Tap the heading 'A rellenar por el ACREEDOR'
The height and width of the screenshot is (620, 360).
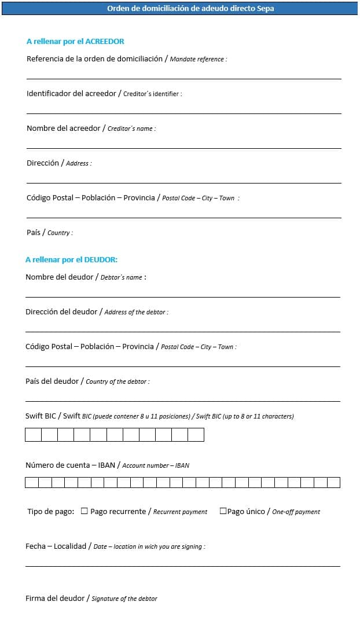(x=75, y=42)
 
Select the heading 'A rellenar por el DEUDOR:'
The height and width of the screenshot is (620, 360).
(x=71, y=260)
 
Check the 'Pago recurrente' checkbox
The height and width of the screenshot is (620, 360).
(x=85, y=511)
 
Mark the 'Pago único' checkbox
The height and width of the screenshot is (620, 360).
(x=223, y=511)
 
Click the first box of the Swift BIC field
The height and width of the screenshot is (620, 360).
(x=33, y=435)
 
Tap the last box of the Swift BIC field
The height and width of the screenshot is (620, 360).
(x=196, y=435)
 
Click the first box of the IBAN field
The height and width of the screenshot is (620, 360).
(x=32, y=482)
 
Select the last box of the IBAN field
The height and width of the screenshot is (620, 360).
(x=334, y=482)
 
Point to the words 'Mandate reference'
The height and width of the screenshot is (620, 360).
(x=197, y=60)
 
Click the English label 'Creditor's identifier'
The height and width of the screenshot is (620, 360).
(x=152, y=94)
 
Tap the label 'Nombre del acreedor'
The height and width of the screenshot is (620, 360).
(x=64, y=129)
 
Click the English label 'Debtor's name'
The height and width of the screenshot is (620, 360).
(x=122, y=277)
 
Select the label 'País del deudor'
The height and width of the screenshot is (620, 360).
(x=52, y=381)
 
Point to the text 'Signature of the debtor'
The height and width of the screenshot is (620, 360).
(x=124, y=599)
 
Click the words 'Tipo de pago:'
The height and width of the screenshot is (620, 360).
(x=51, y=512)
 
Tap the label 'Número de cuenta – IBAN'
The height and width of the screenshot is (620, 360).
(x=69, y=465)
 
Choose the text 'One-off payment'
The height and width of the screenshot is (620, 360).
(x=296, y=512)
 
